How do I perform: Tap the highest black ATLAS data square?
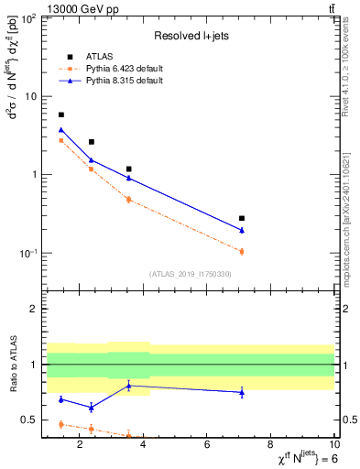click(61, 115)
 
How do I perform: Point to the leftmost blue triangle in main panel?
click(61, 130)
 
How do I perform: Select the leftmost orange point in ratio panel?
click(61, 424)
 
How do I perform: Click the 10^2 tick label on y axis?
click(30, 18)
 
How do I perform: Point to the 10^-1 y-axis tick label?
click(30, 254)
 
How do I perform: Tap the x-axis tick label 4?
click(144, 446)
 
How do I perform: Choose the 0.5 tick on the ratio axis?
click(30, 420)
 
